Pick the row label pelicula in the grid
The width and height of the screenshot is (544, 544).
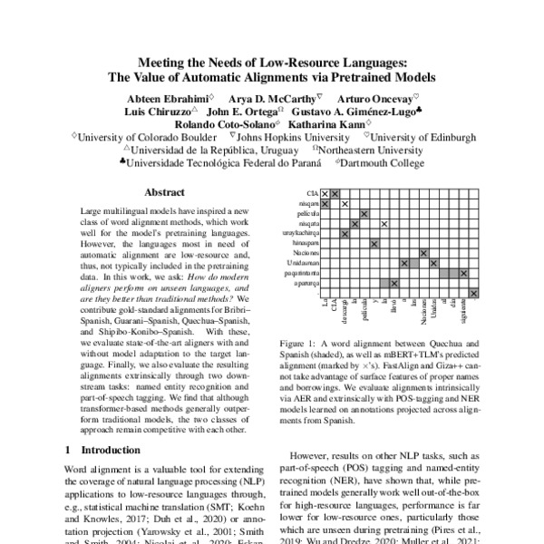[x=309, y=214]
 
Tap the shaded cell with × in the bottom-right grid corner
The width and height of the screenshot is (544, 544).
[x=473, y=292]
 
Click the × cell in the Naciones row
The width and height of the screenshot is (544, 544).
[x=423, y=253]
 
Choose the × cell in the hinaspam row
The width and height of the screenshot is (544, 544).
[x=374, y=243]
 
